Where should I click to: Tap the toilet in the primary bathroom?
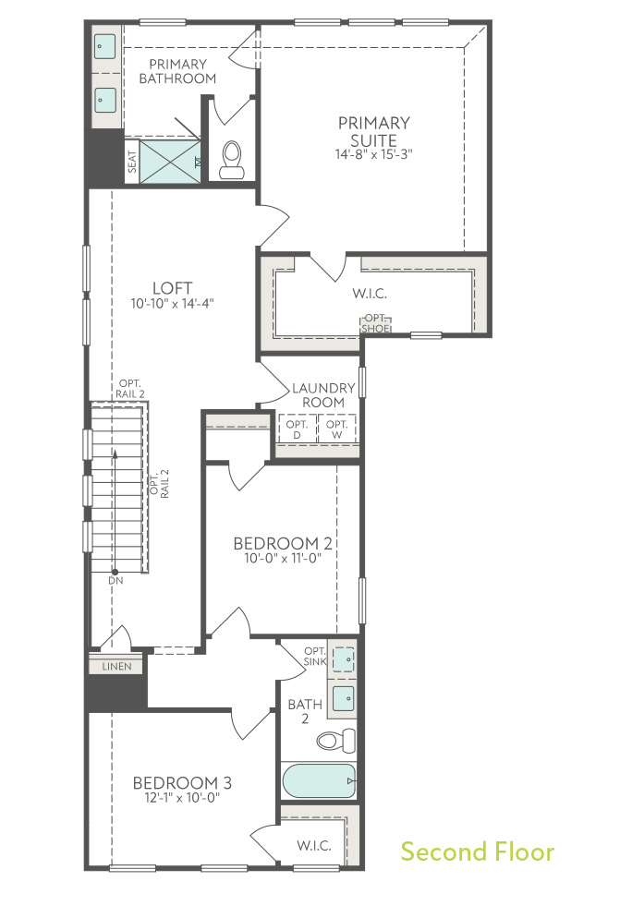pyautogui.click(x=231, y=159)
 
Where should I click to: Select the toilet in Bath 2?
pyautogui.click(x=334, y=739)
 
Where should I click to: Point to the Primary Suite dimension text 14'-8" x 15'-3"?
pyautogui.click(x=373, y=154)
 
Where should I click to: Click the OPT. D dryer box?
pyautogui.click(x=298, y=429)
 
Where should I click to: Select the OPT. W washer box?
pyautogui.click(x=336, y=429)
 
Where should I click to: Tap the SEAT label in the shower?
pyautogui.click(x=131, y=163)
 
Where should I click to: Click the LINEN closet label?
pyautogui.click(x=116, y=666)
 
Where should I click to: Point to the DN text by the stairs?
pyautogui.click(x=115, y=581)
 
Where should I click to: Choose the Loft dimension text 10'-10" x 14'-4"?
pyautogui.click(x=173, y=303)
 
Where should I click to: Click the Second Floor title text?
pyautogui.click(x=477, y=851)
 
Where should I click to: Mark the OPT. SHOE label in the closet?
pyautogui.click(x=375, y=323)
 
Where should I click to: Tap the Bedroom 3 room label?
pyautogui.click(x=181, y=783)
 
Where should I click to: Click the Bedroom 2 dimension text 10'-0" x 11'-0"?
pyautogui.click(x=283, y=558)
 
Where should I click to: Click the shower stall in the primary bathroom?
pyautogui.click(x=170, y=163)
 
